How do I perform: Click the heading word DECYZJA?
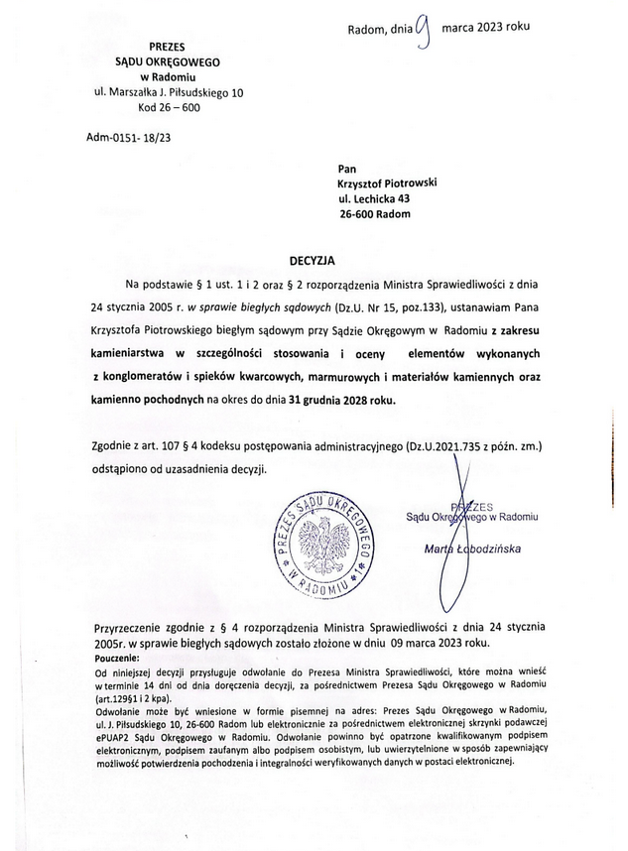(x=313, y=260)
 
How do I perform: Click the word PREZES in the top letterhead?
(x=167, y=47)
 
